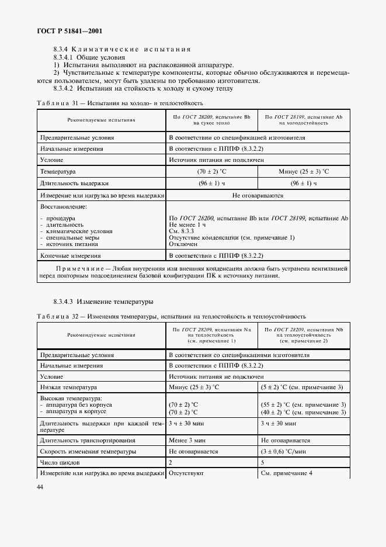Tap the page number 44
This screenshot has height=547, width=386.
pyautogui.click(x=40, y=487)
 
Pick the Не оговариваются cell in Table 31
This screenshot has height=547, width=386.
pyautogui.click(x=258, y=196)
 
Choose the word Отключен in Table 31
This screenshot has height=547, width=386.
pyautogui.click(x=183, y=244)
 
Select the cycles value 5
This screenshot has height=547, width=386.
pyautogui.click(x=263, y=462)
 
